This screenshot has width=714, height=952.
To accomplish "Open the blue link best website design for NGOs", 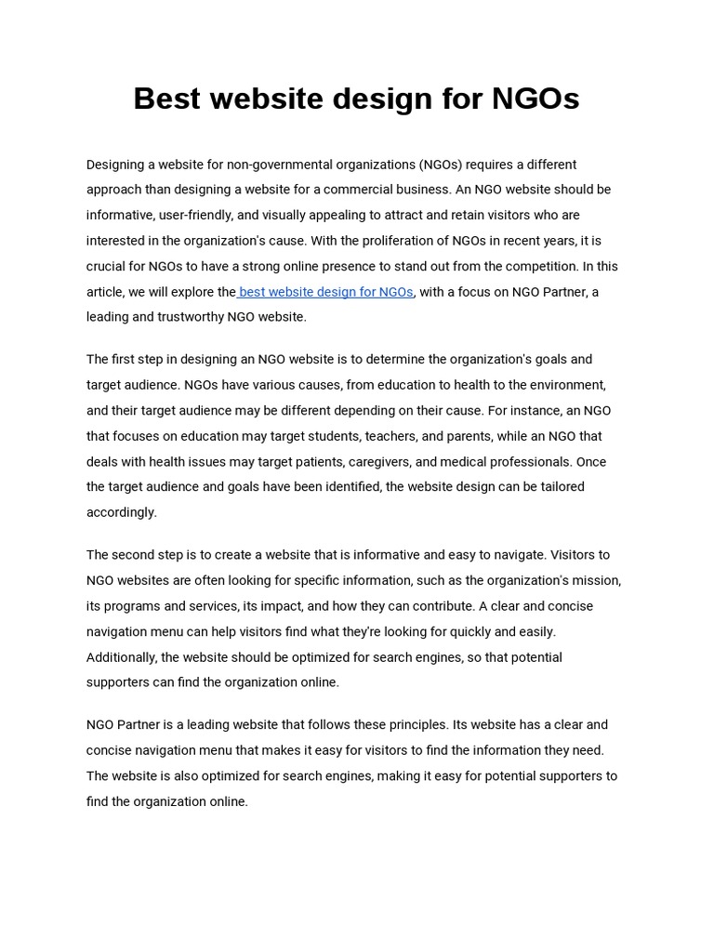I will point(325,292).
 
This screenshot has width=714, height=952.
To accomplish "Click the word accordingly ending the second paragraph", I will point(122,512).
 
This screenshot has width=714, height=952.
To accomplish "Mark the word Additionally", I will point(122,657).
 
